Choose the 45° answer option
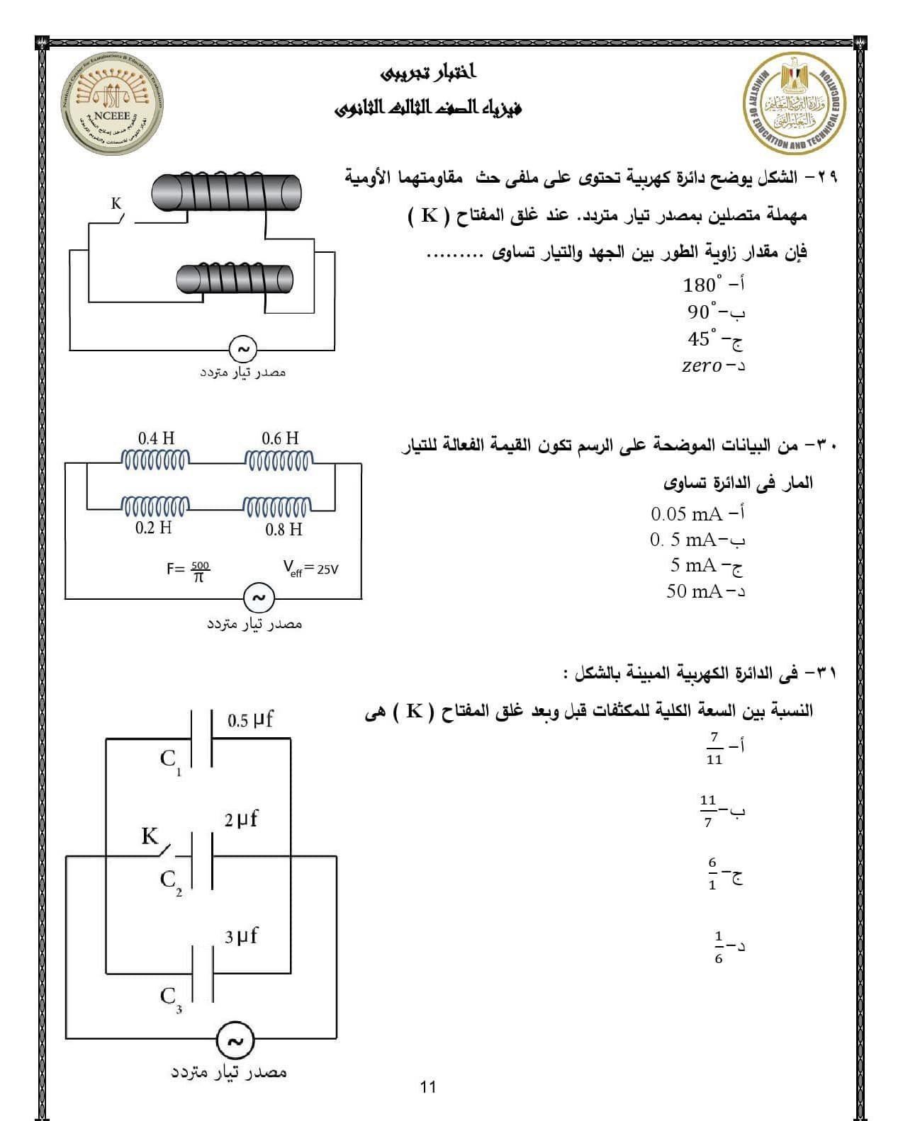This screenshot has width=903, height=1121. click(704, 338)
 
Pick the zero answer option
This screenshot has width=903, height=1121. click(702, 365)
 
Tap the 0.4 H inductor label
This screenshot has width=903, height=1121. click(156, 438)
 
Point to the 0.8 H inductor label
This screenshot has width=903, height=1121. click(284, 530)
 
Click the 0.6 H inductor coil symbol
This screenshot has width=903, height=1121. click(277, 462)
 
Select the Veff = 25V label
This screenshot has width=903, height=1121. click(310, 568)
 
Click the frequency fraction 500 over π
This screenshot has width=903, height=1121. click(199, 571)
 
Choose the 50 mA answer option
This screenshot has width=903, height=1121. click(695, 591)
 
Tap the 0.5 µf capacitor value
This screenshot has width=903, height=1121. click(251, 720)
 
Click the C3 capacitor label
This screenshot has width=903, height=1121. click(170, 998)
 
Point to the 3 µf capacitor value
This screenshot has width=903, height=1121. click(242, 936)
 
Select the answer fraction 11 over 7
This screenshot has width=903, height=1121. click(707, 811)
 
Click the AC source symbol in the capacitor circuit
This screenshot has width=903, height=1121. click(235, 1041)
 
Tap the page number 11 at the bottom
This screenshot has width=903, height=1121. click(428, 1086)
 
